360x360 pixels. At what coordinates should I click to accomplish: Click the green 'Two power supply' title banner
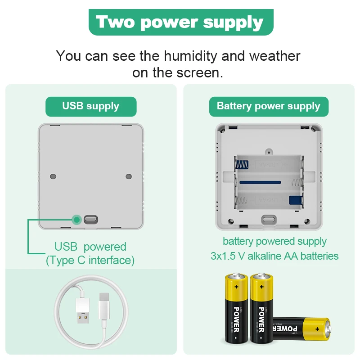coord(180,22)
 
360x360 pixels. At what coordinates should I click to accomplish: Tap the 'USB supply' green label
coord(90,106)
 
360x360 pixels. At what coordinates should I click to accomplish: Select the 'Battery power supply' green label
coord(268,106)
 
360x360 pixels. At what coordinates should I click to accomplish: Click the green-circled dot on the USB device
coord(77,220)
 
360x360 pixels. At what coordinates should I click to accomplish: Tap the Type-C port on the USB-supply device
coord(90,220)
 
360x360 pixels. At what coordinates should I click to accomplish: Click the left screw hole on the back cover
coord(53,176)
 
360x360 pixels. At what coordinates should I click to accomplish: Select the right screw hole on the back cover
coord(128,176)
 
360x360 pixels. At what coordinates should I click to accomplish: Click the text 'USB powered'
coord(90,247)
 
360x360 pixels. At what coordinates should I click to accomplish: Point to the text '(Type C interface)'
coord(90,260)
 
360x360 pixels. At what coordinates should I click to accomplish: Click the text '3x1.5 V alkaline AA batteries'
coord(274,256)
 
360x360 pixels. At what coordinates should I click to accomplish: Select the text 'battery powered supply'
coord(274,242)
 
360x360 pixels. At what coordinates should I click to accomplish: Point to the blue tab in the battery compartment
coord(295,201)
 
